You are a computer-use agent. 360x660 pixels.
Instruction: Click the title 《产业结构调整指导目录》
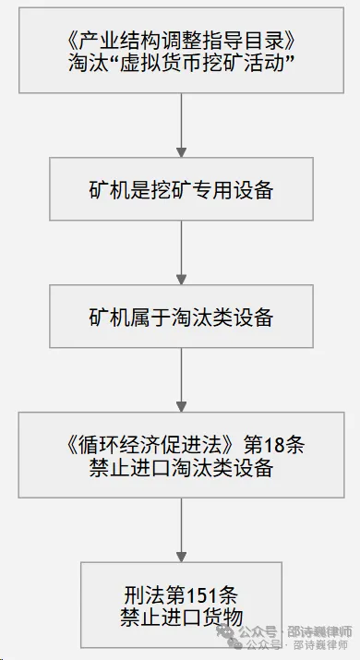tap(182, 42)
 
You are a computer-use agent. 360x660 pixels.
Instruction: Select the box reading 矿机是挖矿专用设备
tap(182, 189)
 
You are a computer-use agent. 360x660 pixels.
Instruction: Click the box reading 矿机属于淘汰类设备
tap(182, 317)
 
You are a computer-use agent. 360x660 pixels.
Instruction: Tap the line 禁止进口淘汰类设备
tap(182, 469)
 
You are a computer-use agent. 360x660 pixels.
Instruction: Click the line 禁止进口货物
tap(182, 618)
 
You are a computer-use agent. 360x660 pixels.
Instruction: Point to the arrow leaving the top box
tap(182, 126)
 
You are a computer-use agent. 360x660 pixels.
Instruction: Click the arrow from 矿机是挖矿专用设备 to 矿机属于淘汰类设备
tap(182, 253)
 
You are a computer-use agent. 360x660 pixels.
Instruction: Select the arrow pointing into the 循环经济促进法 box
tap(182, 380)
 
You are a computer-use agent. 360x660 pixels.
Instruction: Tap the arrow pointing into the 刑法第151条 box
tap(182, 531)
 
